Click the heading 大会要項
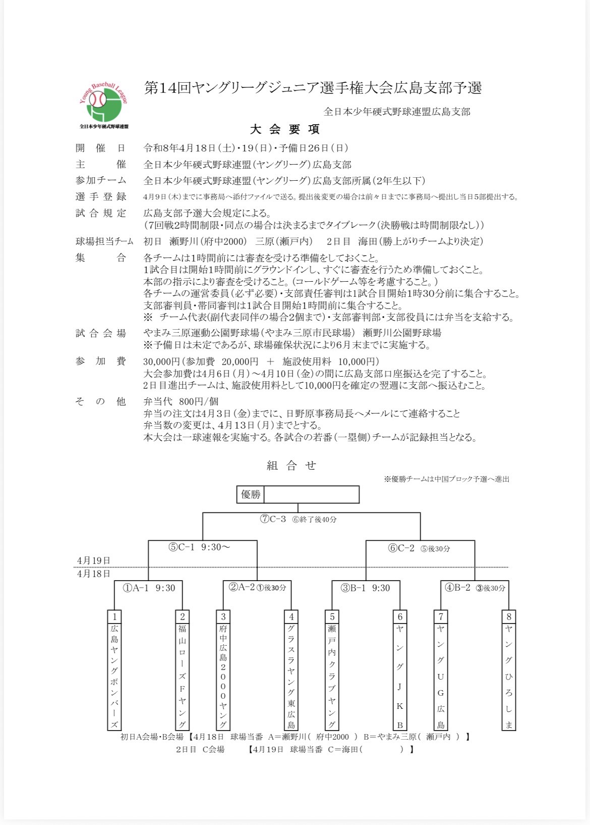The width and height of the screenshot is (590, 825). point(285,129)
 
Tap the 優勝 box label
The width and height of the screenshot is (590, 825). point(251,495)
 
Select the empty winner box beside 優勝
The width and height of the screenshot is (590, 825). point(311,495)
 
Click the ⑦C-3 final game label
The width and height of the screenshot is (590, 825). point(273,519)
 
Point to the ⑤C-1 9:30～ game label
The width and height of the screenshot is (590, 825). point(199,547)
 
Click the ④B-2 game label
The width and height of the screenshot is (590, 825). point(475,588)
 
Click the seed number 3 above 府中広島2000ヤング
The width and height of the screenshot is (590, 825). point(223,616)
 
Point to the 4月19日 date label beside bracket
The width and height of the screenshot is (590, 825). point(94,560)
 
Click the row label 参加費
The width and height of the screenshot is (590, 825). point(101,362)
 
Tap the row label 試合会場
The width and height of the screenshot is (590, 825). point(101,333)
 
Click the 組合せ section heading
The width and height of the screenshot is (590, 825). point(291,466)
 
